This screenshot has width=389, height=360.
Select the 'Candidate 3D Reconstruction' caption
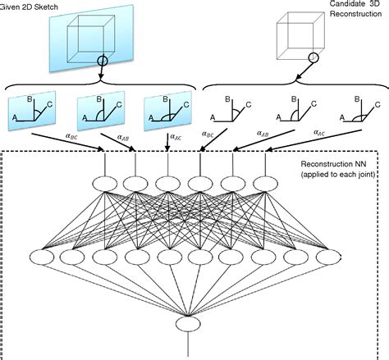(345, 12)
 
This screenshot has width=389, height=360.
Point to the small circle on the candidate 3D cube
(313, 57)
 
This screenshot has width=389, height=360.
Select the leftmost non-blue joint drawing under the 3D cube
(222, 111)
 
